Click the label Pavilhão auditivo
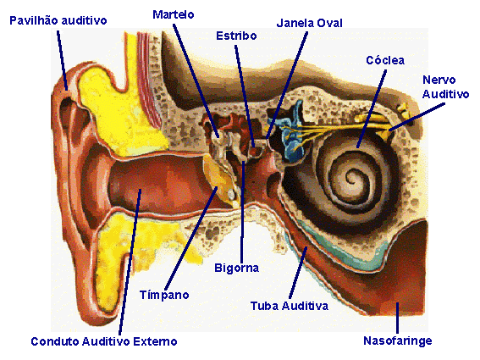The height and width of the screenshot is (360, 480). pyautogui.click(x=58, y=20)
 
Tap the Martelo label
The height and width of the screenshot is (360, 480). pyautogui.click(x=174, y=14)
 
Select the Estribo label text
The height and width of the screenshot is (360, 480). pyautogui.click(x=236, y=36)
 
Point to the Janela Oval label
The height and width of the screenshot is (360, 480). pyautogui.click(x=309, y=23)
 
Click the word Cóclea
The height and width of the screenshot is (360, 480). pyautogui.click(x=385, y=60)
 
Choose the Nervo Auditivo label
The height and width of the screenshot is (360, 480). pyautogui.click(x=445, y=87)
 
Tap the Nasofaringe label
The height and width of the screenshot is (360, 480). pyautogui.click(x=398, y=341)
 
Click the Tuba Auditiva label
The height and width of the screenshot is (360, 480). pyautogui.click(x=290, y=306)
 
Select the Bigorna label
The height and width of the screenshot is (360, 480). pyautogui.click(x=237, y=268)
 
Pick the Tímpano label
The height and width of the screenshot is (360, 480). pyautogui.click(x=164, y=295)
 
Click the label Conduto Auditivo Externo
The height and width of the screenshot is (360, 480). pyautogui.click(x=104, y=341)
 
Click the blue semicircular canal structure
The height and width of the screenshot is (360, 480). pyautogui.click(x=290, y=132)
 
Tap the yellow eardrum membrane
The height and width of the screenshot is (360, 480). pyautogui.click(x=221, y=178)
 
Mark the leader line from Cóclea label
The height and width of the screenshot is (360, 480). pyautogui.click(x=372, y=108)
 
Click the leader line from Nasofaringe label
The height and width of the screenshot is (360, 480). pyautogui.click(x=397, y=318)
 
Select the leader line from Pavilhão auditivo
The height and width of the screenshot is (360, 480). pyautogui.click(x=62, y=60)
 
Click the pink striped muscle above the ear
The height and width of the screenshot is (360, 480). pyautogui.click(x=149, y=79)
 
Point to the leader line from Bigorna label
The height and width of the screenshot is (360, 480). pyautogui.click(x=243, y=212)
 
